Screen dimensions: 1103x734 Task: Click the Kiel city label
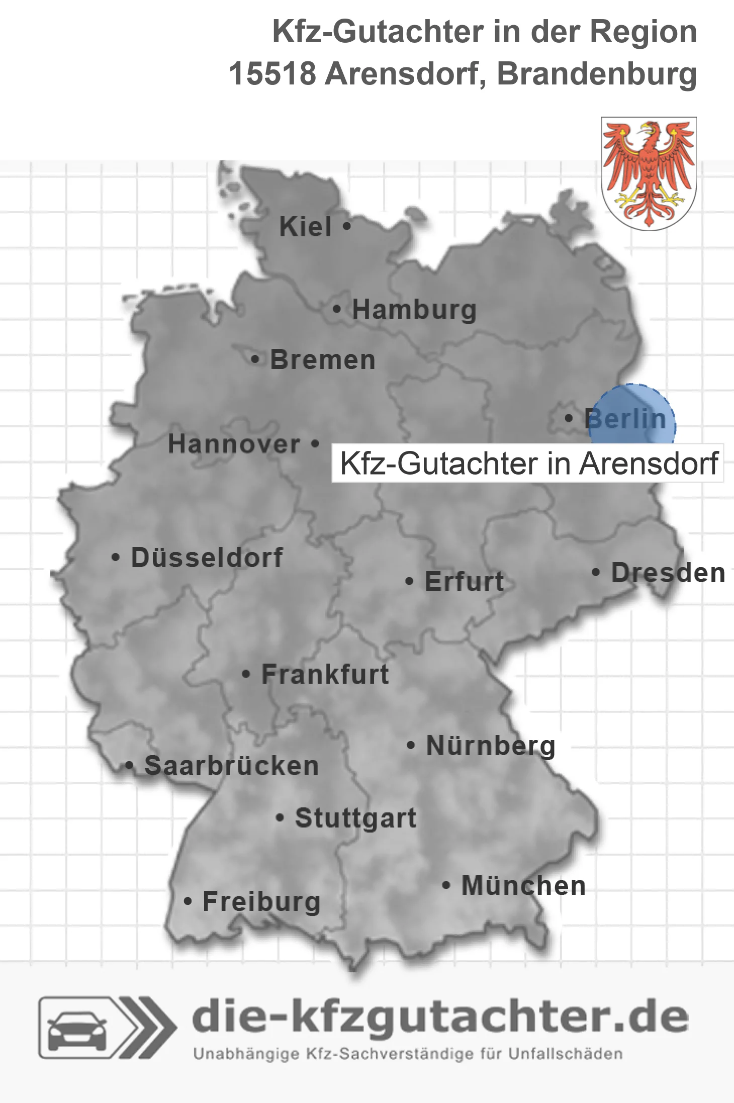[305, 227]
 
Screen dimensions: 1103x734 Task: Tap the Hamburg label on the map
[414, 310]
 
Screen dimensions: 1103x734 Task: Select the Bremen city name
[323, 360]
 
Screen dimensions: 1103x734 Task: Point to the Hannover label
[234, 444]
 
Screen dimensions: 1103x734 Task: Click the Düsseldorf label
[207, 558]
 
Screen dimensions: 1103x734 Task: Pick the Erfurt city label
[464, 582]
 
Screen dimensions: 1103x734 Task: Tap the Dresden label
[668, 573]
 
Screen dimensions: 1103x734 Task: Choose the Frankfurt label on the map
[325, 675]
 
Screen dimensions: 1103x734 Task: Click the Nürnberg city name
[491, 746]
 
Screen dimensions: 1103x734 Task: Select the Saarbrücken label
[231, 766]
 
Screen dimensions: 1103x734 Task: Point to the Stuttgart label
[355, 818]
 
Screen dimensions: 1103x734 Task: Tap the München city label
[523, 886]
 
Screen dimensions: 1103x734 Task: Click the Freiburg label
[261, 902]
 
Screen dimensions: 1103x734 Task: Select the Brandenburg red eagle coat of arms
[649, 173]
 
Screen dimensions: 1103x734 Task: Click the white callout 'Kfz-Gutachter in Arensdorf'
[528, 463]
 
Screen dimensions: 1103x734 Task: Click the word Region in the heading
[643, 31]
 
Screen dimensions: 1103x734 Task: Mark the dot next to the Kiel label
[346, 226]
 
